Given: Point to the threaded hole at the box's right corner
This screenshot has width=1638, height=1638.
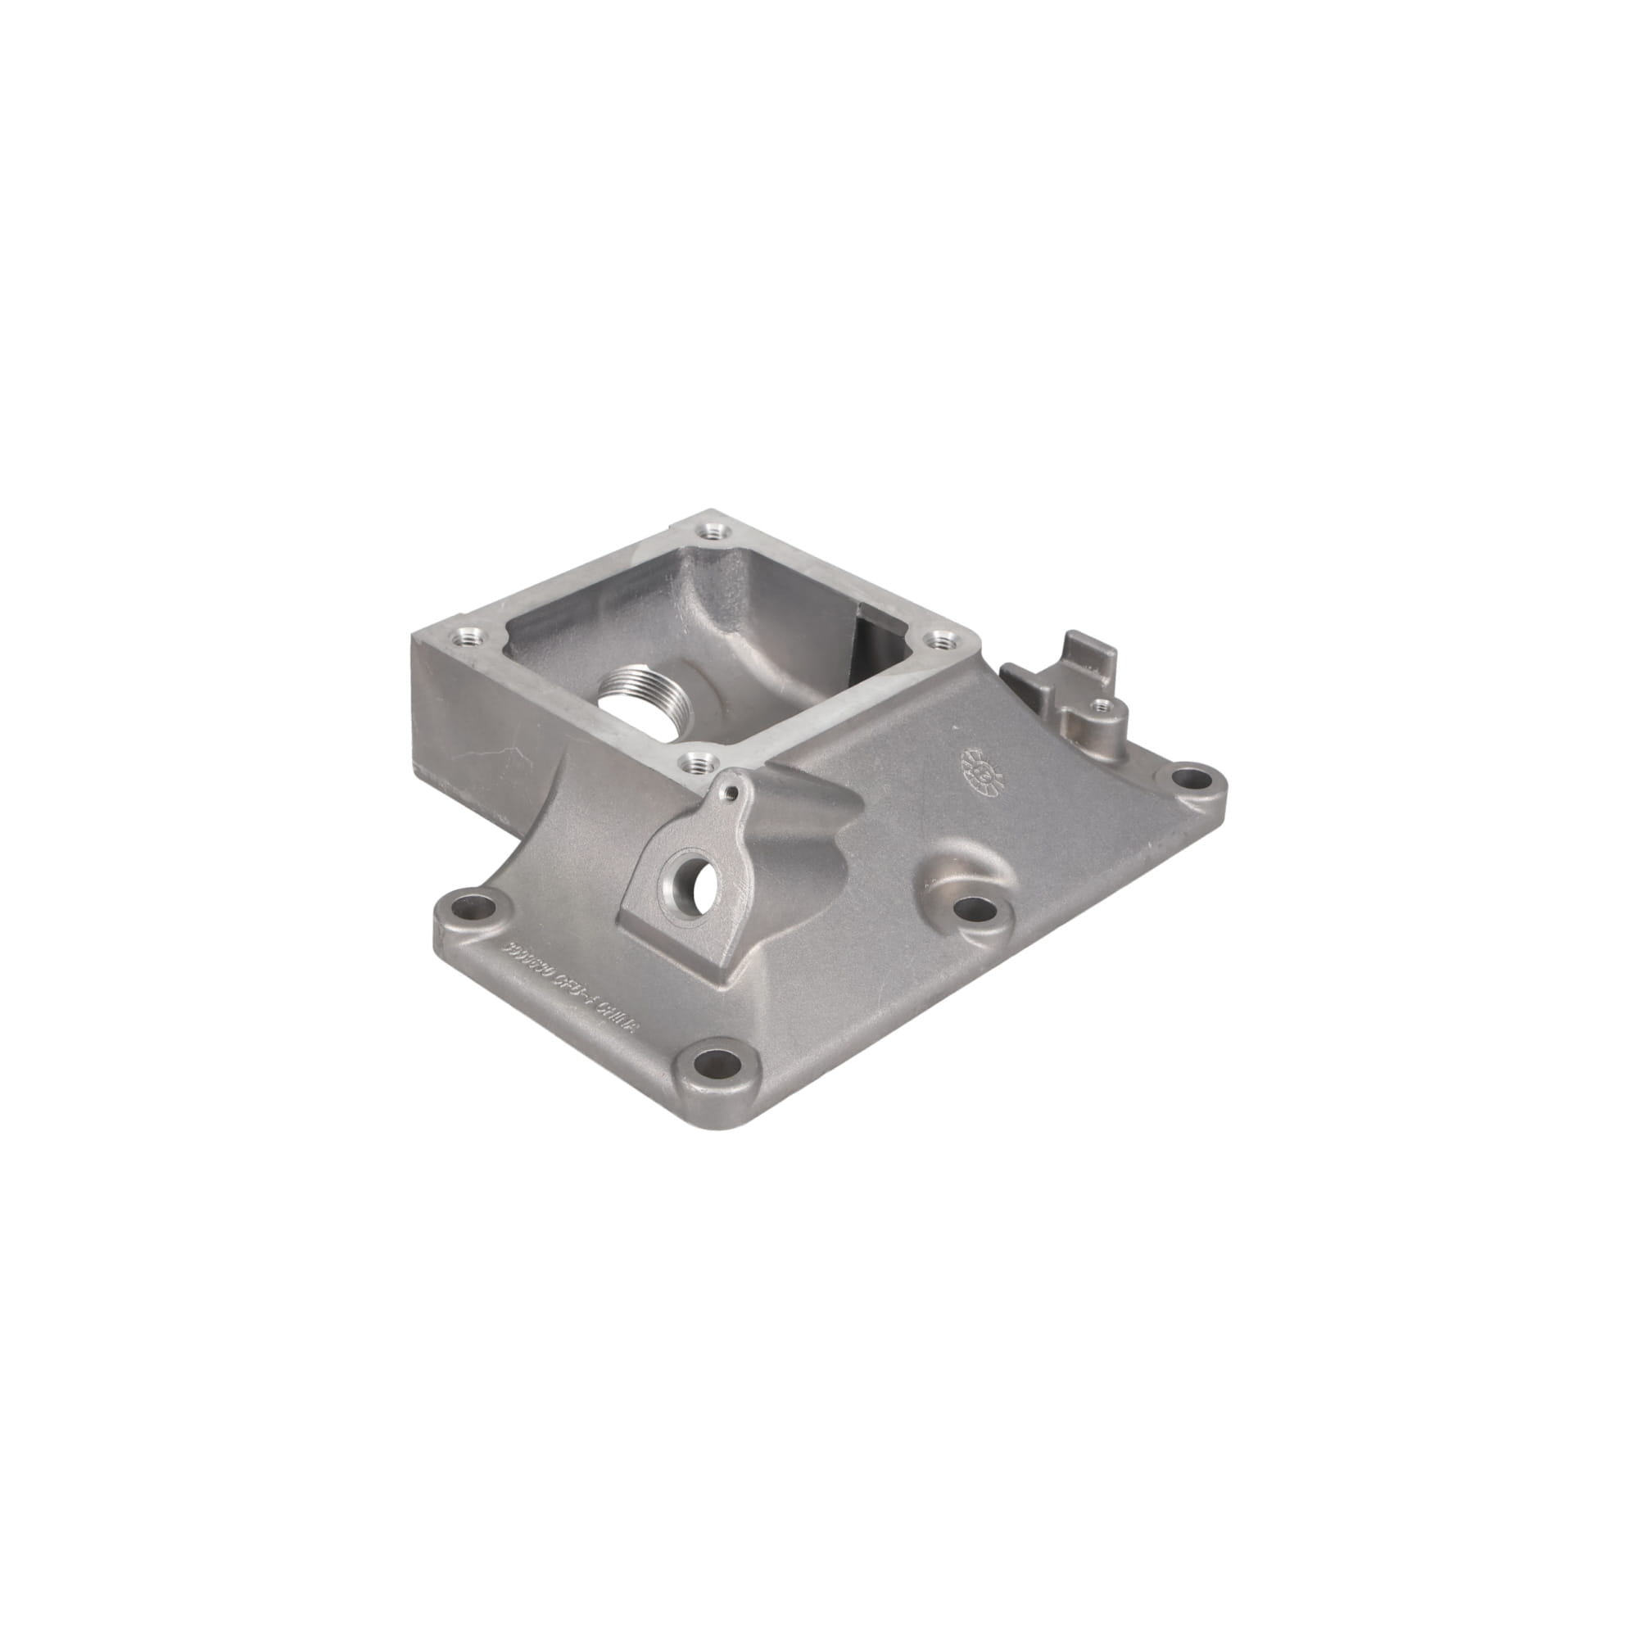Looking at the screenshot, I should [939, 642].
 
